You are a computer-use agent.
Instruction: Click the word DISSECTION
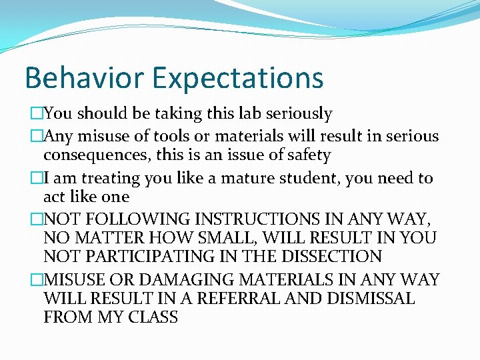(333, 257)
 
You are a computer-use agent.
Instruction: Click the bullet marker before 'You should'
(37, 115)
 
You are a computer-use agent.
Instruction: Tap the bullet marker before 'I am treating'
(37, 179)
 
